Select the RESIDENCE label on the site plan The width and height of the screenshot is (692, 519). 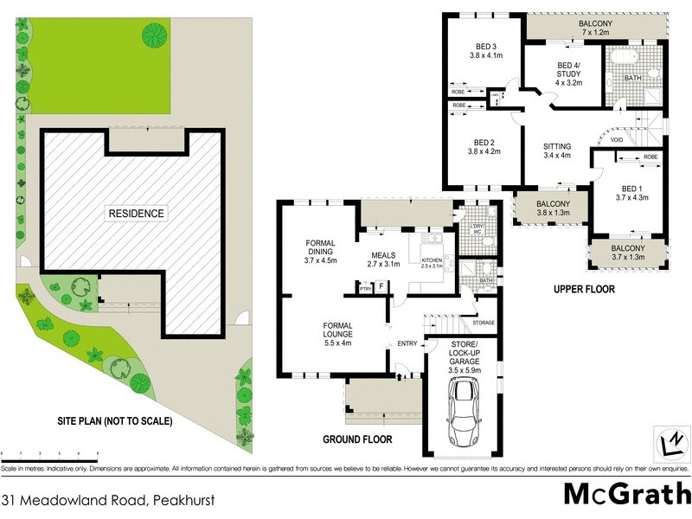point(136,214)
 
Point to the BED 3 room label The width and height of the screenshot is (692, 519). point(485,51)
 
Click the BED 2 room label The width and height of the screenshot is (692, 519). point(484,147)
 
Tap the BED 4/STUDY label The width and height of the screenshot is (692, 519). point(568,74)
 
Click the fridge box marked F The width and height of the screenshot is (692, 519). point(380,287)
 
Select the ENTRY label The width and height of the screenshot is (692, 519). point(407,344)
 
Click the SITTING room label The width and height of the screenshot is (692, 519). point(557,151)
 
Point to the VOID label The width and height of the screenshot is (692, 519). point(617,139)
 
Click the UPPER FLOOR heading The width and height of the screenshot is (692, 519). point(584,290)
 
